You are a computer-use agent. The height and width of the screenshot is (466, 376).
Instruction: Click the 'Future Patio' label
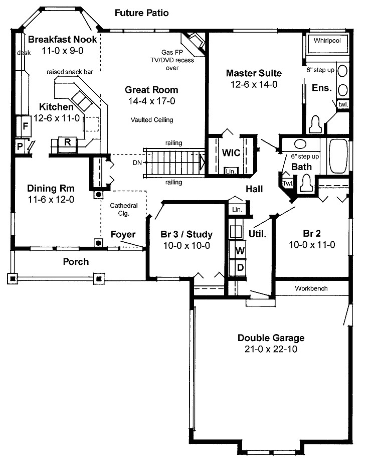pyautogui.click(x=141, y=13)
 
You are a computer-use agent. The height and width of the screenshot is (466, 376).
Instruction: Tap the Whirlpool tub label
pyautogui.click(x=327, y=41)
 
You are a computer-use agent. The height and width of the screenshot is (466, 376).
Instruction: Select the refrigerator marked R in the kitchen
pyautogui.click(x=67, y=142)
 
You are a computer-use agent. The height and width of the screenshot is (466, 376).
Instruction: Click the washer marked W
pyautogui.click(x=240, y=250)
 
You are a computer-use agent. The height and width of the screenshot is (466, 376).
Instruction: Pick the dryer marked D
pyautogui.click(x=240, y=267)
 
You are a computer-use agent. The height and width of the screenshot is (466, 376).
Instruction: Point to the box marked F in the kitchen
pyautogui.click(x=25, y=126)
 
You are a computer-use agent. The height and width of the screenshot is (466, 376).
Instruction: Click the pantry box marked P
pyautogui.click(x=20, y=147)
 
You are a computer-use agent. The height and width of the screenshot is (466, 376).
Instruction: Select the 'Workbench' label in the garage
pyautogui.click(x=311, y=288)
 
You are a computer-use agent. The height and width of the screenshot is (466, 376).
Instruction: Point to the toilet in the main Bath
pyautogui.click(x=306, y=184)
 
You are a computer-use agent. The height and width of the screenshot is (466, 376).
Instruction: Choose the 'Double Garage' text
pyautogui.click(x=271, y=338)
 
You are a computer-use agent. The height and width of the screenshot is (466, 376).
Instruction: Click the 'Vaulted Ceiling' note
pyautogui.click(x=151, y=120)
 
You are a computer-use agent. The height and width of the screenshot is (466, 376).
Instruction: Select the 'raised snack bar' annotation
pyautogui.click(x=70, y=72)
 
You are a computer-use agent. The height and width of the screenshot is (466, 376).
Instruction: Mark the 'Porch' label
pyautogui.click(x=76, y=261)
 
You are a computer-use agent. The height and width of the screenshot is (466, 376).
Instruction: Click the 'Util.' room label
pyautogui.click(x=257, y=233)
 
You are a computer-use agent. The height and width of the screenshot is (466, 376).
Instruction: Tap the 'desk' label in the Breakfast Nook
pyautogui.click(x=24, y=52)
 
